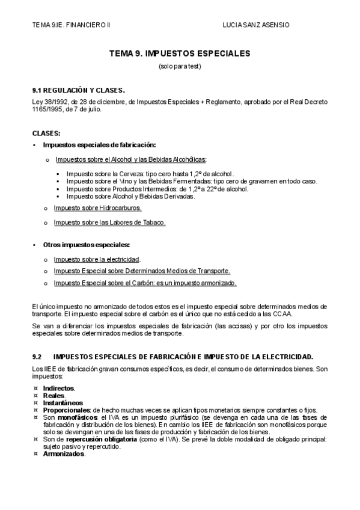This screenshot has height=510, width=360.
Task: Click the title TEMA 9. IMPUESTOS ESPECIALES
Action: click(180, 54)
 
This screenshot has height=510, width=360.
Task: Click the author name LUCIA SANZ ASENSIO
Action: click(255, 25)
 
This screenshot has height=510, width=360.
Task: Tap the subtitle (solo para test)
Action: click(180, 66)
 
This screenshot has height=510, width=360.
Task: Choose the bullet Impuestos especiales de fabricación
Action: click(99, 145)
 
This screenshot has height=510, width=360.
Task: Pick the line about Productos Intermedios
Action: click(156, 189)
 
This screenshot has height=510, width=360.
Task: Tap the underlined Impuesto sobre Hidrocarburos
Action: click(97, 207)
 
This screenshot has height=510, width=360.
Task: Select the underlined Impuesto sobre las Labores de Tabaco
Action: click(109, 222)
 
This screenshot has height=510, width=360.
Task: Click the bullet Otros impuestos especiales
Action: click(86, 245)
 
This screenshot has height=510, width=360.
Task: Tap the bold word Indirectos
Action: click(59, 389)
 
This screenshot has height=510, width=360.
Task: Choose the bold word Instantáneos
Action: click(63, 403)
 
